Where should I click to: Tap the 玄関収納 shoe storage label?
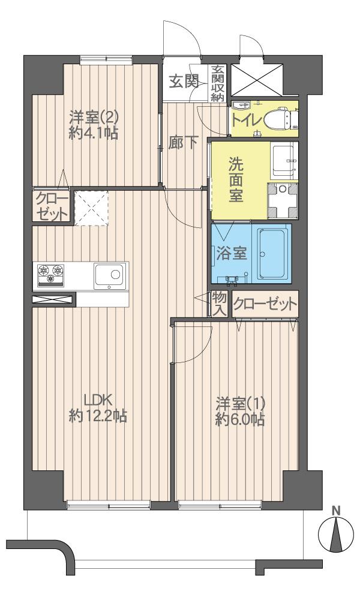point(217,83)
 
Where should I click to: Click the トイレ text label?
point(247,119)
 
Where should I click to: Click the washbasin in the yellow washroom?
point(281,158)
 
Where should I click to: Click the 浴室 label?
point(230,253)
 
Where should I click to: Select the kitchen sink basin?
point(110,275)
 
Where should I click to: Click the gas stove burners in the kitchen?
point(52,275)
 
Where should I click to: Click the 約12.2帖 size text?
point(98,416)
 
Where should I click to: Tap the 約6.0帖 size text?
point(241,419)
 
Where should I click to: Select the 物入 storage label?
point(220,304)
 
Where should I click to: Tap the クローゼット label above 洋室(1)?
point(265,304)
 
